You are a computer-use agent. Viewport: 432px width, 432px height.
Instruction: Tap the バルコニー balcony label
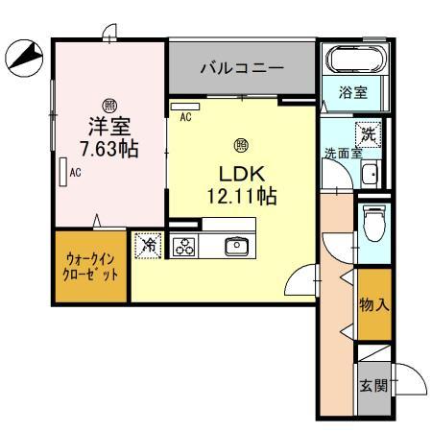pos(241,68)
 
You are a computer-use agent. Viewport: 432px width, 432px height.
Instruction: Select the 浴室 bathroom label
pos(351,93)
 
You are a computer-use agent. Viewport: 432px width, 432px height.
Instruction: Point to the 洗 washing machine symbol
pos(368,135)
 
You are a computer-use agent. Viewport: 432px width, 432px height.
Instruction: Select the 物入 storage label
pos(372,305)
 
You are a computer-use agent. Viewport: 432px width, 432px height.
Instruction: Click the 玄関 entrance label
pos(372,388)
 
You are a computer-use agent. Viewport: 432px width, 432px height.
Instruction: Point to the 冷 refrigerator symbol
pos(147,245)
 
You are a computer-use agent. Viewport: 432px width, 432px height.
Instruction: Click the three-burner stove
pos(183,246)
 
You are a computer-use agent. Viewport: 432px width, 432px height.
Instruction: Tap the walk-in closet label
pos(92,266)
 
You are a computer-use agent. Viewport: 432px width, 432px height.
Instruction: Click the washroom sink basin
pos(370,174)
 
